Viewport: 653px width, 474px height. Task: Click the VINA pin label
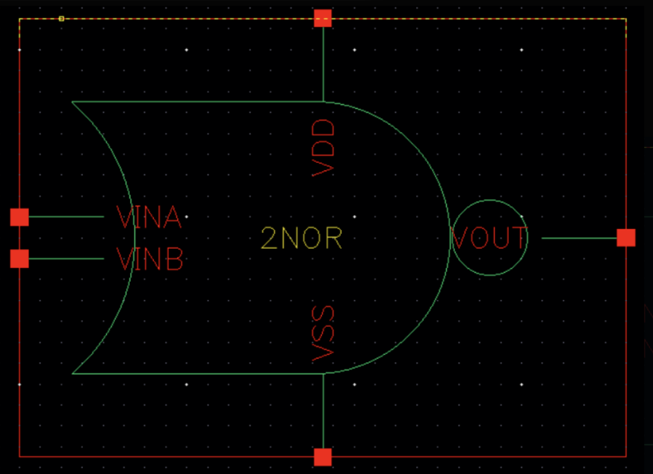pyautogui.click(x=149, y=217)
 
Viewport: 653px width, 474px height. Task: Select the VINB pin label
pyautogui.click(x=149, y=259)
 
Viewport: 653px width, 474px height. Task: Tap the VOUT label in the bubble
pyautogui.click(x=490, y=238)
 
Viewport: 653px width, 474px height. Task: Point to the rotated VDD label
pyautogui.click(x=324, y=147)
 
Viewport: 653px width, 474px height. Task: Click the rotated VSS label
pyautogui.click(x=324, y=334)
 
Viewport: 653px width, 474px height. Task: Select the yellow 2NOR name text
pyautogui.click(x=302, y=238)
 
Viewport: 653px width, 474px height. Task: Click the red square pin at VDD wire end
pyautogui.click(x=323, y=19)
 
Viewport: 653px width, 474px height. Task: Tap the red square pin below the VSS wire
pyautogui.click(x=323, y=457)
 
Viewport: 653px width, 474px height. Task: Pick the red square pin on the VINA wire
pyautogui.click(x=19, y=217)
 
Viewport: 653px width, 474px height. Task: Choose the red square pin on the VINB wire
pyautogui.click(x=19, y=259)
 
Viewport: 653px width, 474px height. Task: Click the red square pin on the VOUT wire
pyautogui.click(x=626, y=238)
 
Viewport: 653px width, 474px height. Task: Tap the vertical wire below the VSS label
pyautogui.click(x=323, y=411)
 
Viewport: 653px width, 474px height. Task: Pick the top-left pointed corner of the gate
pyautogui.click(x=73, y=102)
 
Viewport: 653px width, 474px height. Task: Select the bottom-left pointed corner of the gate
pyautogui.click(x=73, y=373)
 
